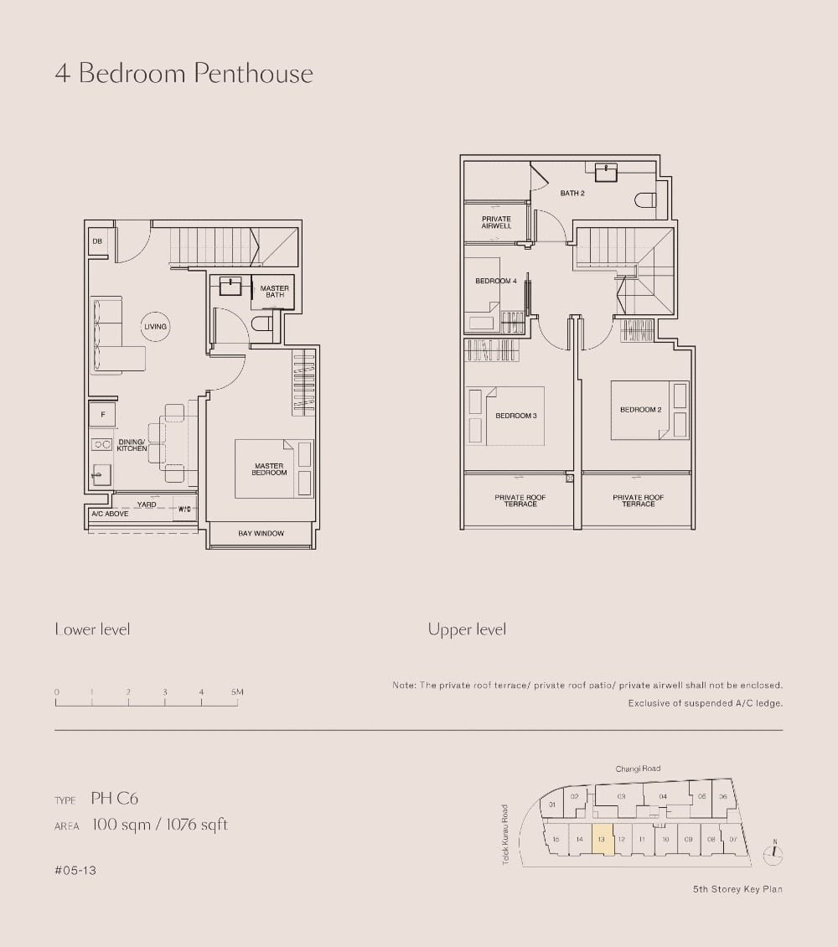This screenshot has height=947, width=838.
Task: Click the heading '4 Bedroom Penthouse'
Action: point(184,74)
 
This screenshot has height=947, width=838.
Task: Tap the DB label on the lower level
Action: point(97,242)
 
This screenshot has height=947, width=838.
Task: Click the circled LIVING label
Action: point(155,327)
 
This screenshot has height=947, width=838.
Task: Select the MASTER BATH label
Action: point(275,292)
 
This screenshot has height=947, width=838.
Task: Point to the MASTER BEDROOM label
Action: point(269,469)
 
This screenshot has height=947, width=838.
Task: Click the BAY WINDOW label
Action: point(261,534)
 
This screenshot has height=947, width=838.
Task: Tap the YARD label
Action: point(147,505)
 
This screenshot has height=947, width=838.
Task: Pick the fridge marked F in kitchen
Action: point(102,415)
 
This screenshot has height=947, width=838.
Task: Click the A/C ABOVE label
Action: point(110,514)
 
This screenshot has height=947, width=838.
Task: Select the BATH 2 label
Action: point(572,194)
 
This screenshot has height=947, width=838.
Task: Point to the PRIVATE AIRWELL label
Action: point(496,223)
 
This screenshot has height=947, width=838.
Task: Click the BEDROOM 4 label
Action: point(496,281)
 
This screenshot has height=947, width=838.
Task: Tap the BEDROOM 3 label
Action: point(515,416)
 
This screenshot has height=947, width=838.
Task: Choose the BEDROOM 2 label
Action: point(641,410)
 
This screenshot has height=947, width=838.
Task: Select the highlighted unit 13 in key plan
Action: point(603,839)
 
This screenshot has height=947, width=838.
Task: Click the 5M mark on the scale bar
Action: point(237,693)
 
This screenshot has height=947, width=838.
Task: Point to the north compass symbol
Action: point(774,854)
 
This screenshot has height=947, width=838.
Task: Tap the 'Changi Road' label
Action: point(638,768)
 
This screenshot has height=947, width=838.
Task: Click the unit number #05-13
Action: point(75,871)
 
